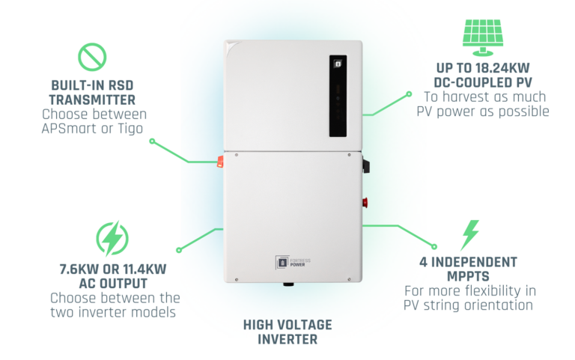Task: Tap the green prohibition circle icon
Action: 92,58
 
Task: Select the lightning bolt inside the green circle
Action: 112,238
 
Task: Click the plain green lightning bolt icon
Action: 470,234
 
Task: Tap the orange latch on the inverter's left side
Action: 221,160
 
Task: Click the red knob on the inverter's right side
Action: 366,202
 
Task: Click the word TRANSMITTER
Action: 93,100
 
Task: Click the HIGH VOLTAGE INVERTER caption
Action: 287,332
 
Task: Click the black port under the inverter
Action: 288,284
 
